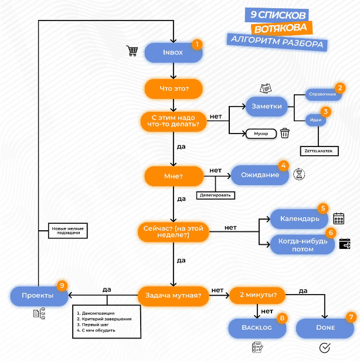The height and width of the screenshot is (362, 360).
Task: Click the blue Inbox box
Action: [173, 53]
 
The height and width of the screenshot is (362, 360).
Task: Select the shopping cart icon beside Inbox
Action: [133, 51]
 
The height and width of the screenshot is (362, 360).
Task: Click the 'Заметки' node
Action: [267, 107]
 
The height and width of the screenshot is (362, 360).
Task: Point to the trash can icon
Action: [285, 133]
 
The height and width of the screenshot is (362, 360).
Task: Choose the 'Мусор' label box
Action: [261, 134]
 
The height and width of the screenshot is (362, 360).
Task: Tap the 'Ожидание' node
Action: [260, 175]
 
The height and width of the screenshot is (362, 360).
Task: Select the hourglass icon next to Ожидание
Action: [300, 174]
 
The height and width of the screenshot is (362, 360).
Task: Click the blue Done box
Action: [325, 327]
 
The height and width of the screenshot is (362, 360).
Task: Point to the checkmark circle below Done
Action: [325, 349]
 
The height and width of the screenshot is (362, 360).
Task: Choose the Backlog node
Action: [258, 327]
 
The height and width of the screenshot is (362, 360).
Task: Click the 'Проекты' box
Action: [39, 296]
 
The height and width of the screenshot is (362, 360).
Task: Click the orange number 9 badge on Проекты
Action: [62, 285]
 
